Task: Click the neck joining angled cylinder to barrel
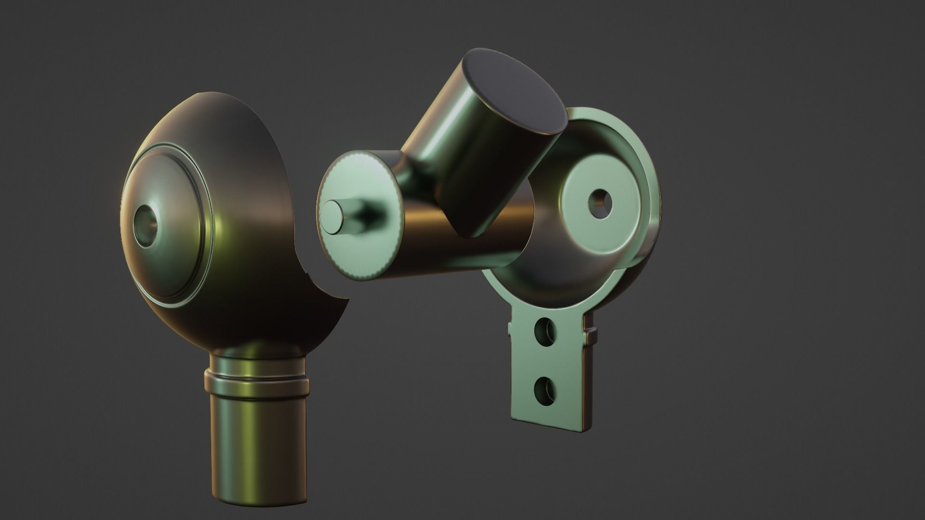pyautogui.click(x=410, y=173)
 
